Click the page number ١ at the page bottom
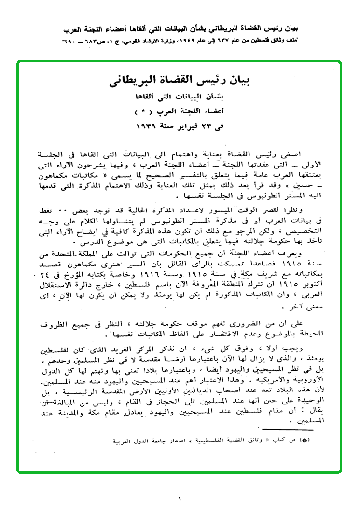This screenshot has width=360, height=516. (180, 498)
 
